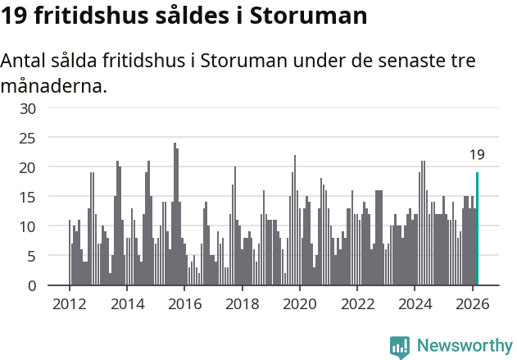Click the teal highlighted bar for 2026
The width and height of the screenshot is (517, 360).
pyautogui.click(x=477, y=230)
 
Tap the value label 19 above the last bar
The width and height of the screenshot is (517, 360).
pyautogui.click(x=477, y=154)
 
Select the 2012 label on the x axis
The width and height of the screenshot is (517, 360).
pyautogui.click(x=70, y=303)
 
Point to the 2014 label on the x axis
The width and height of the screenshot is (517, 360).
pyautogui.click(x=127, y=303)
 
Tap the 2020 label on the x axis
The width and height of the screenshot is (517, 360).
pyautogui.click(x=300, y=303)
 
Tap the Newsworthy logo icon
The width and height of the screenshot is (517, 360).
pyautogui.click(x=400, y=347)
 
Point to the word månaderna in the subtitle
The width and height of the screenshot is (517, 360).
pyautogui.click(x=54, y=85)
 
